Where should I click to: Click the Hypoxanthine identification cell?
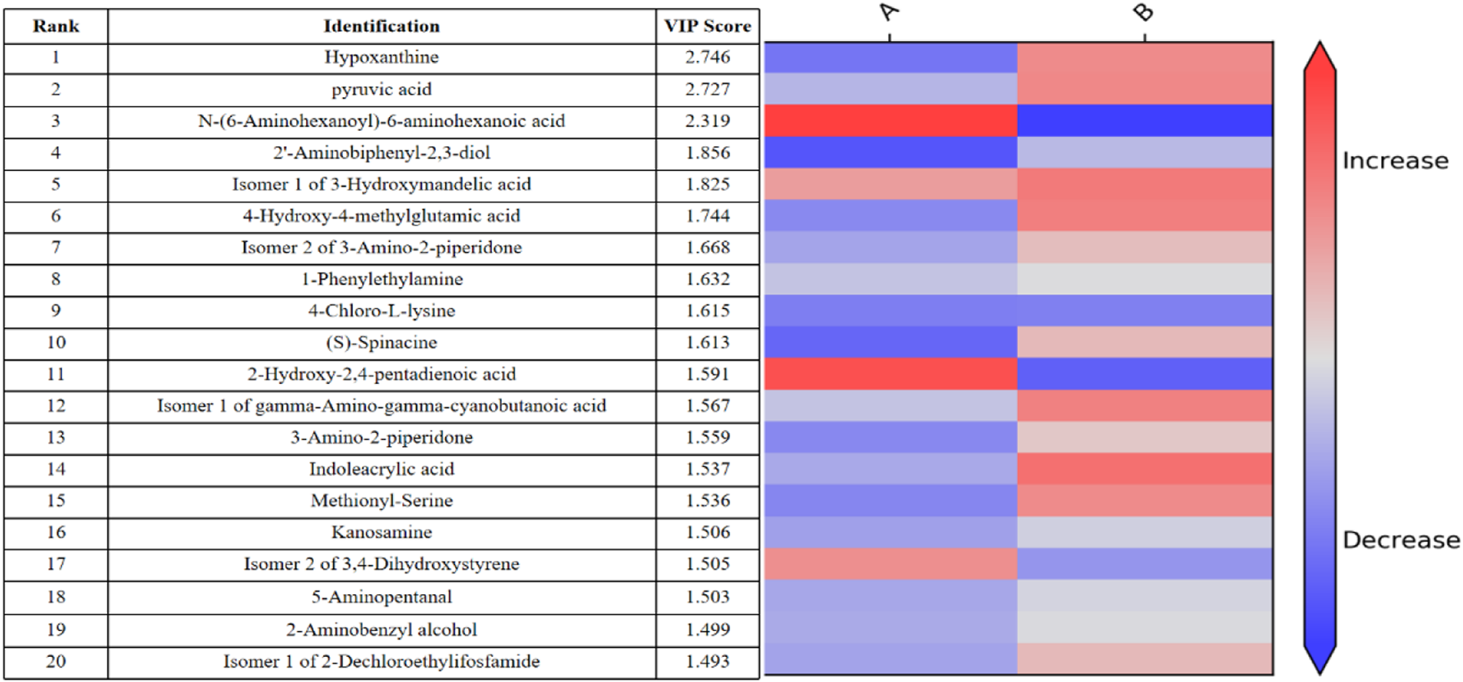[x=381, y=58]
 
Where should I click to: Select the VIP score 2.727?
[x=708, y=90]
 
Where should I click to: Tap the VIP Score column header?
[x=708, y=26]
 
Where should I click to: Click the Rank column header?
[x=56, y=26]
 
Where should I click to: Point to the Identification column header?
[x=381, y=26]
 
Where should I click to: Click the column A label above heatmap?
[x=889, y=13]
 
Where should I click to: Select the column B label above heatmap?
[x=1143, y=13]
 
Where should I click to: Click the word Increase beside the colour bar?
[x=1395, y=161]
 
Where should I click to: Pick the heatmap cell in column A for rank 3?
[x=891, y=121]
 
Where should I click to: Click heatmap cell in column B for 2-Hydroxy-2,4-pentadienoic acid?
[x=1144, y=374]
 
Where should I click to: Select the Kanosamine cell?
[x=381, y=532]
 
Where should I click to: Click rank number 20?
[x=56, y=661]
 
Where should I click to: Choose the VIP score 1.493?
[x=708, y=661]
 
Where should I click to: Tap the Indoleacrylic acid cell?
[x=381, y=469]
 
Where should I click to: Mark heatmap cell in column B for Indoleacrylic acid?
[x=1144, y=469]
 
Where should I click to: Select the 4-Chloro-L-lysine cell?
[x=381, y=310]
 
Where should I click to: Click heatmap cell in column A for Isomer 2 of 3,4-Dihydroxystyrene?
[x=891, y=564]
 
